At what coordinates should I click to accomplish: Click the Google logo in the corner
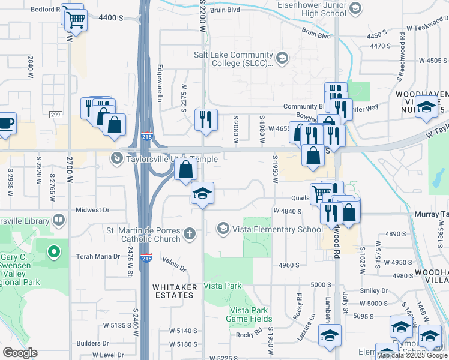(20, 353)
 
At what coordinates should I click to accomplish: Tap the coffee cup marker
(6, 124)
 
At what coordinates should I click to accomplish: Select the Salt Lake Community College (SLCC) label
(234, 58)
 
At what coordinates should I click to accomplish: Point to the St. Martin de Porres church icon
(190, 233)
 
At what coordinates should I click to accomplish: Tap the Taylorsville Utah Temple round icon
(116, 158)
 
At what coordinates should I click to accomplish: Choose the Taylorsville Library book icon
(58, 220)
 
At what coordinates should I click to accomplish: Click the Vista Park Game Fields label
(250, 314)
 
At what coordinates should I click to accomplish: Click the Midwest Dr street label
(93, 210)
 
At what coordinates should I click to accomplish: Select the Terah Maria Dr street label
(98, 256)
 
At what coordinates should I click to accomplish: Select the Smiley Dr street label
(374, 290)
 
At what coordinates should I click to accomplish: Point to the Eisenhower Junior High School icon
(355, 8)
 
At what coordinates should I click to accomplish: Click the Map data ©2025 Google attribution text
(412, 355)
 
